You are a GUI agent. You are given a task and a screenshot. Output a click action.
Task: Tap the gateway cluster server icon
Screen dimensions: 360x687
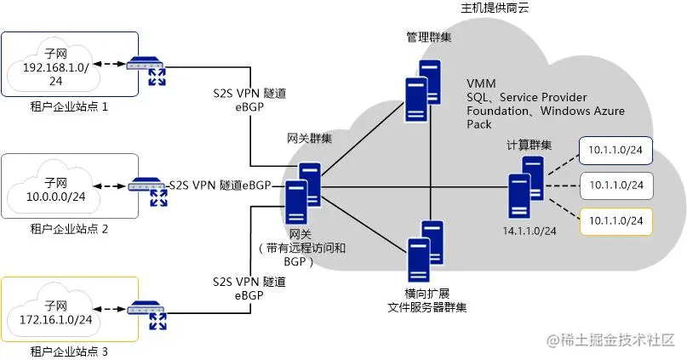[303, 194]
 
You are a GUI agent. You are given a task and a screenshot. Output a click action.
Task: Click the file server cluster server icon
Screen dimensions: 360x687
[424, 250]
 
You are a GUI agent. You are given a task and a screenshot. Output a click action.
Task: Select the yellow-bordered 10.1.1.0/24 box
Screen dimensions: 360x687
[615, 220]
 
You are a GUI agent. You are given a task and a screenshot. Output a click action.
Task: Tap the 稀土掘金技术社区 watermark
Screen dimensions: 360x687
[615, 341]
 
